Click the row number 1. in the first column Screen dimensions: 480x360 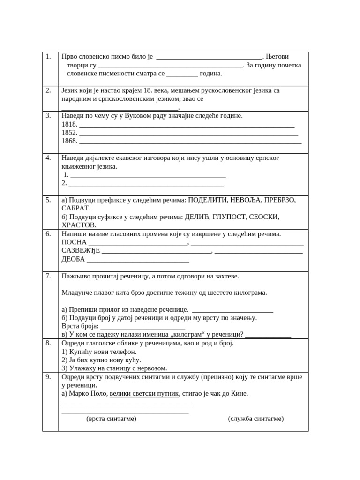click(x=48, y=57)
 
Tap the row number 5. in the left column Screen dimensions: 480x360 click(x=48, y=200)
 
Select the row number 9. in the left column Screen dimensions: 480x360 click(x=48, y=377)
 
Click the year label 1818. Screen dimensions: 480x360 click(x=69, y=124)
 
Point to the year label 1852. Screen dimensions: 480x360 click(x=69, y=133)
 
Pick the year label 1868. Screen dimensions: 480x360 click(x=69, y=141)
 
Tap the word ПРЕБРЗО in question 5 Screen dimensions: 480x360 click(x=278, y=200)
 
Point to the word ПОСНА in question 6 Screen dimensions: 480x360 click(x=74, y=242)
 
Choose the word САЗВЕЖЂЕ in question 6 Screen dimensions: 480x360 click(x=81, y=251)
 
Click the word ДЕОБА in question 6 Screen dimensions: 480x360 click(x=74, y=259)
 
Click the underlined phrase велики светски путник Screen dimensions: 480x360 click(x=144, y=394)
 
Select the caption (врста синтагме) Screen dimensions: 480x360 click(x=111, y=419)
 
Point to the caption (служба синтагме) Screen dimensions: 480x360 click(x=256, y=419)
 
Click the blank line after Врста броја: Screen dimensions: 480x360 click(x=143, y=326)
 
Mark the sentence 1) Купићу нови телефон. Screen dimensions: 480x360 click(x=99, y=352)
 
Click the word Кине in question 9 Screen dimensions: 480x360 click(x=239, y=394)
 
